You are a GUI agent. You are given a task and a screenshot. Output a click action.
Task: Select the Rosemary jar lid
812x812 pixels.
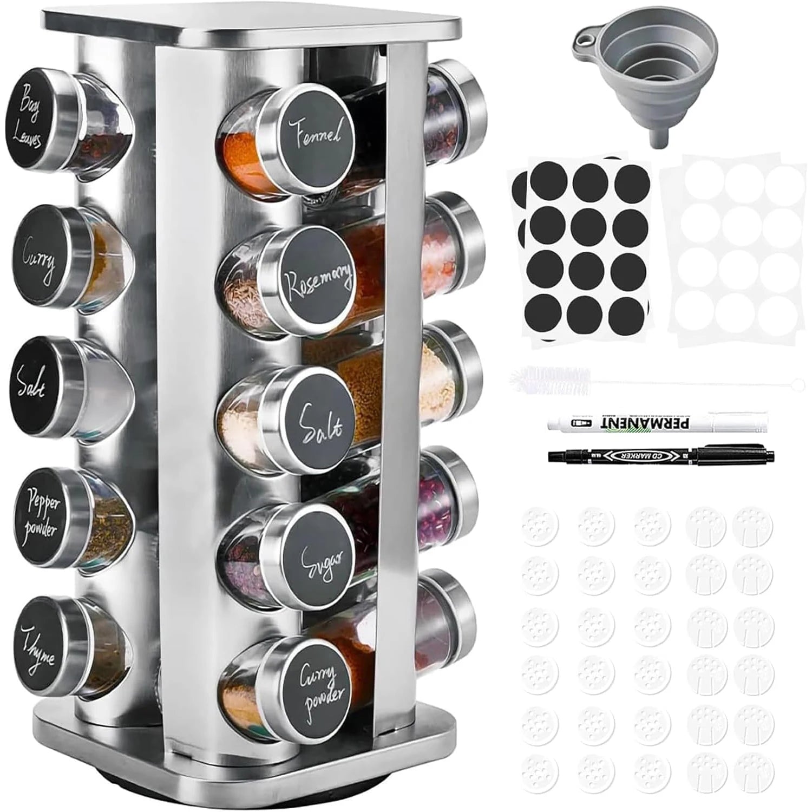[x=318, y=278]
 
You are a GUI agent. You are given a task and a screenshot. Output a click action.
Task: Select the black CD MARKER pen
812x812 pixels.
[x=660, y=455]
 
